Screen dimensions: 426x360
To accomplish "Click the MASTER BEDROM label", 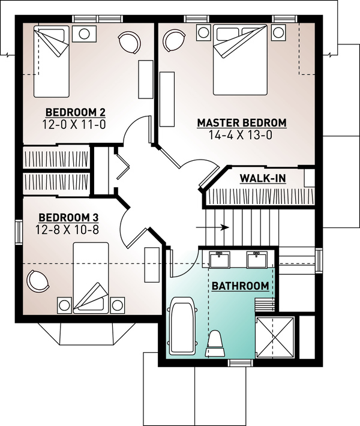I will pos(242,123).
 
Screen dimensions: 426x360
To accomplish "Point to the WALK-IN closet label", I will pos(262,178).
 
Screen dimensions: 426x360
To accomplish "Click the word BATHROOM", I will pos(239,286).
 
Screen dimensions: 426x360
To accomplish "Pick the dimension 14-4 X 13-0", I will pos(242,135).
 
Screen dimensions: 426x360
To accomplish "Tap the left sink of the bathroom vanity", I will pos(220,260).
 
